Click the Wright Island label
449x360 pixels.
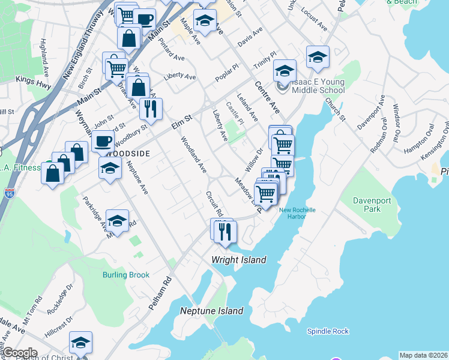point(238,260)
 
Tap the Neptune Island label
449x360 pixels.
point(212,311)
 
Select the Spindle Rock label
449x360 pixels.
point(328,331)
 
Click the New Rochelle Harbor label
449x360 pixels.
point(297,214)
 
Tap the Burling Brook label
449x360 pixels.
point(125,275)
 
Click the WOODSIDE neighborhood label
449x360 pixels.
point(126,154)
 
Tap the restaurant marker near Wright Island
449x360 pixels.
point(225,231)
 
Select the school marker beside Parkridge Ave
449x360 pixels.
point(118,221)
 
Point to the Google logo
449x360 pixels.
point(19,353)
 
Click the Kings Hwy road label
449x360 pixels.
point(34,79)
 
